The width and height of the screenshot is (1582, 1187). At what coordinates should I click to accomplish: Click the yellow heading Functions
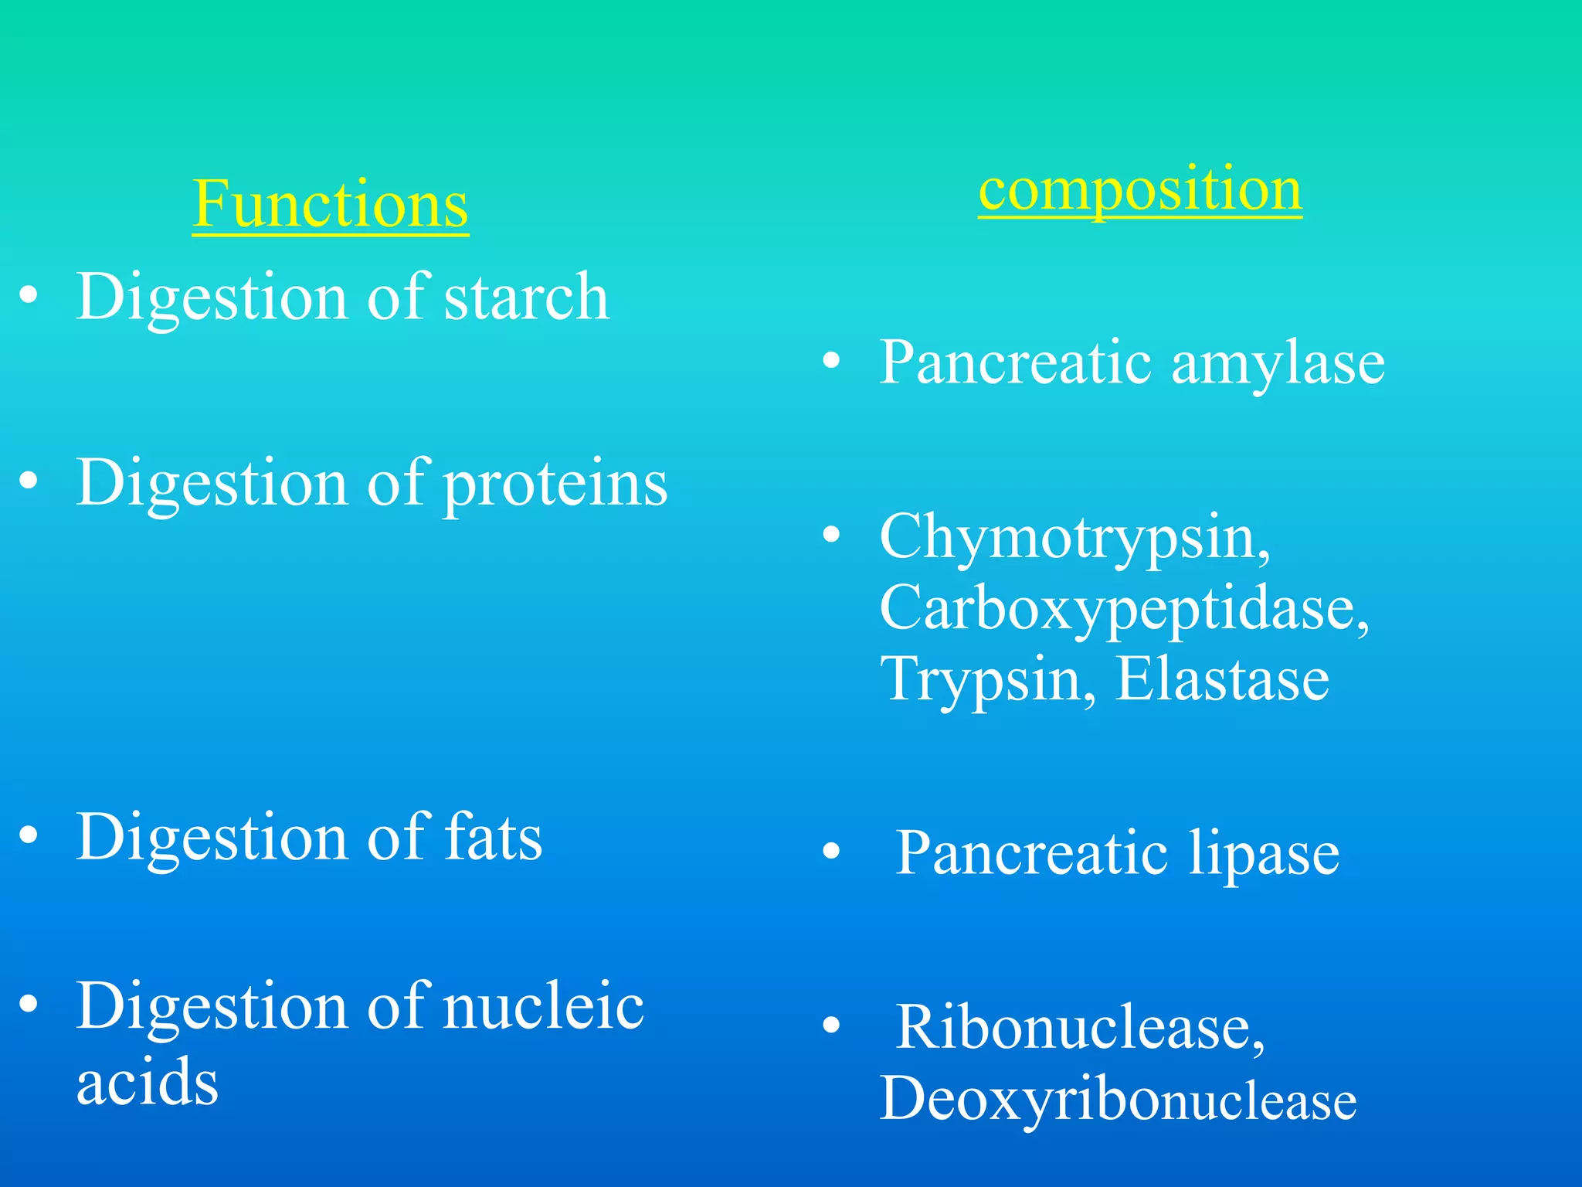click(330, 204)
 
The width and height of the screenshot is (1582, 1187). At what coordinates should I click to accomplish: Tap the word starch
click(526, 298)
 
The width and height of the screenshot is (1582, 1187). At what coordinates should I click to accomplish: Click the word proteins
click(555, 485)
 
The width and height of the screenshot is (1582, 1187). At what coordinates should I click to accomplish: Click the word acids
click(147, 1082)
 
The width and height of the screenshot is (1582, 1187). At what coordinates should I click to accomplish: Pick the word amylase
click(1278, 363)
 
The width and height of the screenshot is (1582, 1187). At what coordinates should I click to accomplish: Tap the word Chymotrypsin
click(1074, 538)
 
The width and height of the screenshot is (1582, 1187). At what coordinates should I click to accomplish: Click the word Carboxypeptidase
click(1124, 608)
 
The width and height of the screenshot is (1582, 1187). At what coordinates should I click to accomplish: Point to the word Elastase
click(1222, 679)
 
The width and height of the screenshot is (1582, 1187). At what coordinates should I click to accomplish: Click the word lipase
click(1264, 854)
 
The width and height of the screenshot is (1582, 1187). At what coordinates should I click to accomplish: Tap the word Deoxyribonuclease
click(1118, 1100)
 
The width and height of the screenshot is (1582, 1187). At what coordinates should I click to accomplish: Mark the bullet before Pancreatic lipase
click(831, 851)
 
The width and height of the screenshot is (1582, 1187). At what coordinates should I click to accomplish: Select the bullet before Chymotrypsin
click(831, 534)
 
